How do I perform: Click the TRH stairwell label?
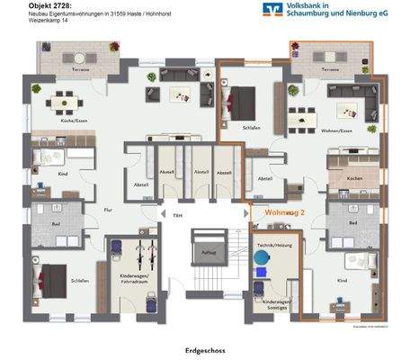(x=165, y=214)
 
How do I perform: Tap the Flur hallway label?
(x=107, y=211)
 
